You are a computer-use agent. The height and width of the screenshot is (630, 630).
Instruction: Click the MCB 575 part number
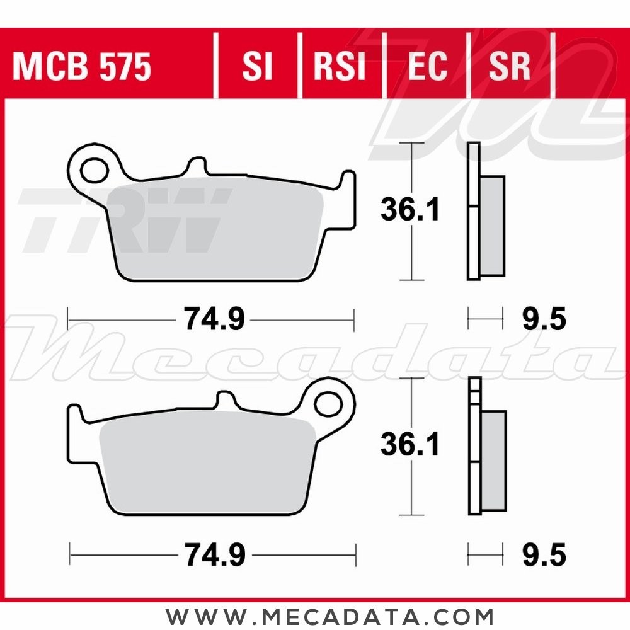click(x=82, y=67)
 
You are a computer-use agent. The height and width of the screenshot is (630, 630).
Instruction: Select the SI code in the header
click(x=257, y=67)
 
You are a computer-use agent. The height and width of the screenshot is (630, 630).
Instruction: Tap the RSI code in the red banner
click(x=340, y=67)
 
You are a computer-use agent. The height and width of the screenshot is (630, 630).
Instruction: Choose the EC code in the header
click(x=427, y=67)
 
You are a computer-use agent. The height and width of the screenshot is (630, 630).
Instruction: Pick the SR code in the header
click(x=510, y=67)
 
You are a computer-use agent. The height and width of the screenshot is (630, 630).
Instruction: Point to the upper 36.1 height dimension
click(x=410, y=211)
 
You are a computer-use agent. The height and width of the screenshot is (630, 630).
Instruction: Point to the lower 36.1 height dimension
click(x=410, y=445)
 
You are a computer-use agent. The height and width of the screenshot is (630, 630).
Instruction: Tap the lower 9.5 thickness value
click(x=544, y=555)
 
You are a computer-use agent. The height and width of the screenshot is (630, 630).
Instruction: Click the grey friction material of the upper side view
click(x=493, y=226)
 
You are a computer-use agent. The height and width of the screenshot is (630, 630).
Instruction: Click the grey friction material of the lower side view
click(x=494, y=460)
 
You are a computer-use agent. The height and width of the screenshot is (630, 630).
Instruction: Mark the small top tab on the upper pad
click(x=196, y=168)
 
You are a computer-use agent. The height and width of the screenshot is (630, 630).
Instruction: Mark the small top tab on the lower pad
click(x=225, y=401)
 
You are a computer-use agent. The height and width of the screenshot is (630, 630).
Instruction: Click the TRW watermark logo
click(x=126, y=220)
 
